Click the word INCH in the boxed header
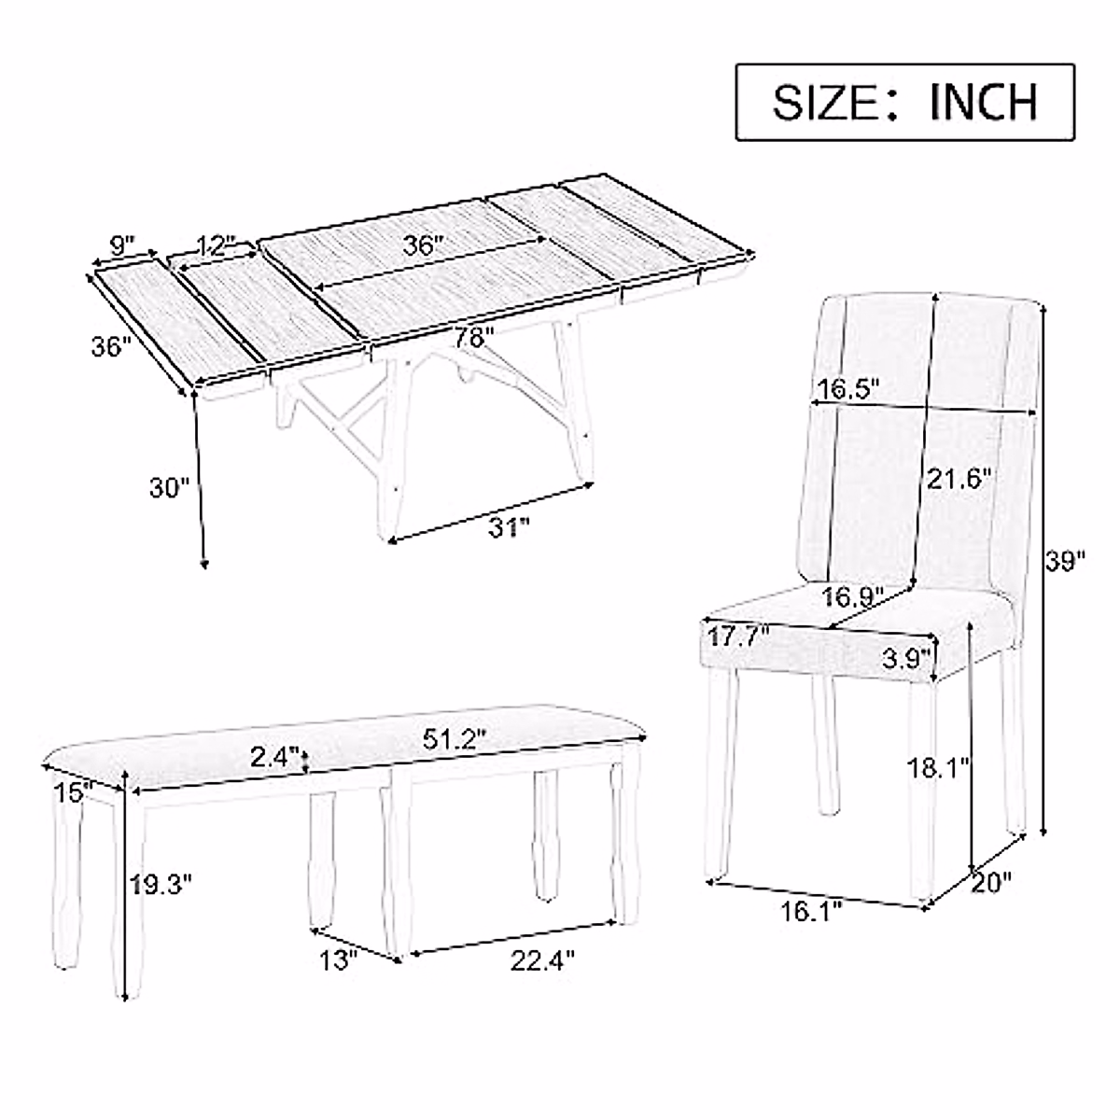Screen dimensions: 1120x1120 coord(983,102)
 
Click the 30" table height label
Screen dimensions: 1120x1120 coord(169,486)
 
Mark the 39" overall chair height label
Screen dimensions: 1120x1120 coord(1064,561)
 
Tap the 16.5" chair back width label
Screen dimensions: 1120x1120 coord(849,387)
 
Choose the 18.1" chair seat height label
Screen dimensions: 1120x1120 coord(941,768)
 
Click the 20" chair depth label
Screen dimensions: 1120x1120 coord(991,882)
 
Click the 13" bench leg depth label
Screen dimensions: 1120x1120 coord(337,959)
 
